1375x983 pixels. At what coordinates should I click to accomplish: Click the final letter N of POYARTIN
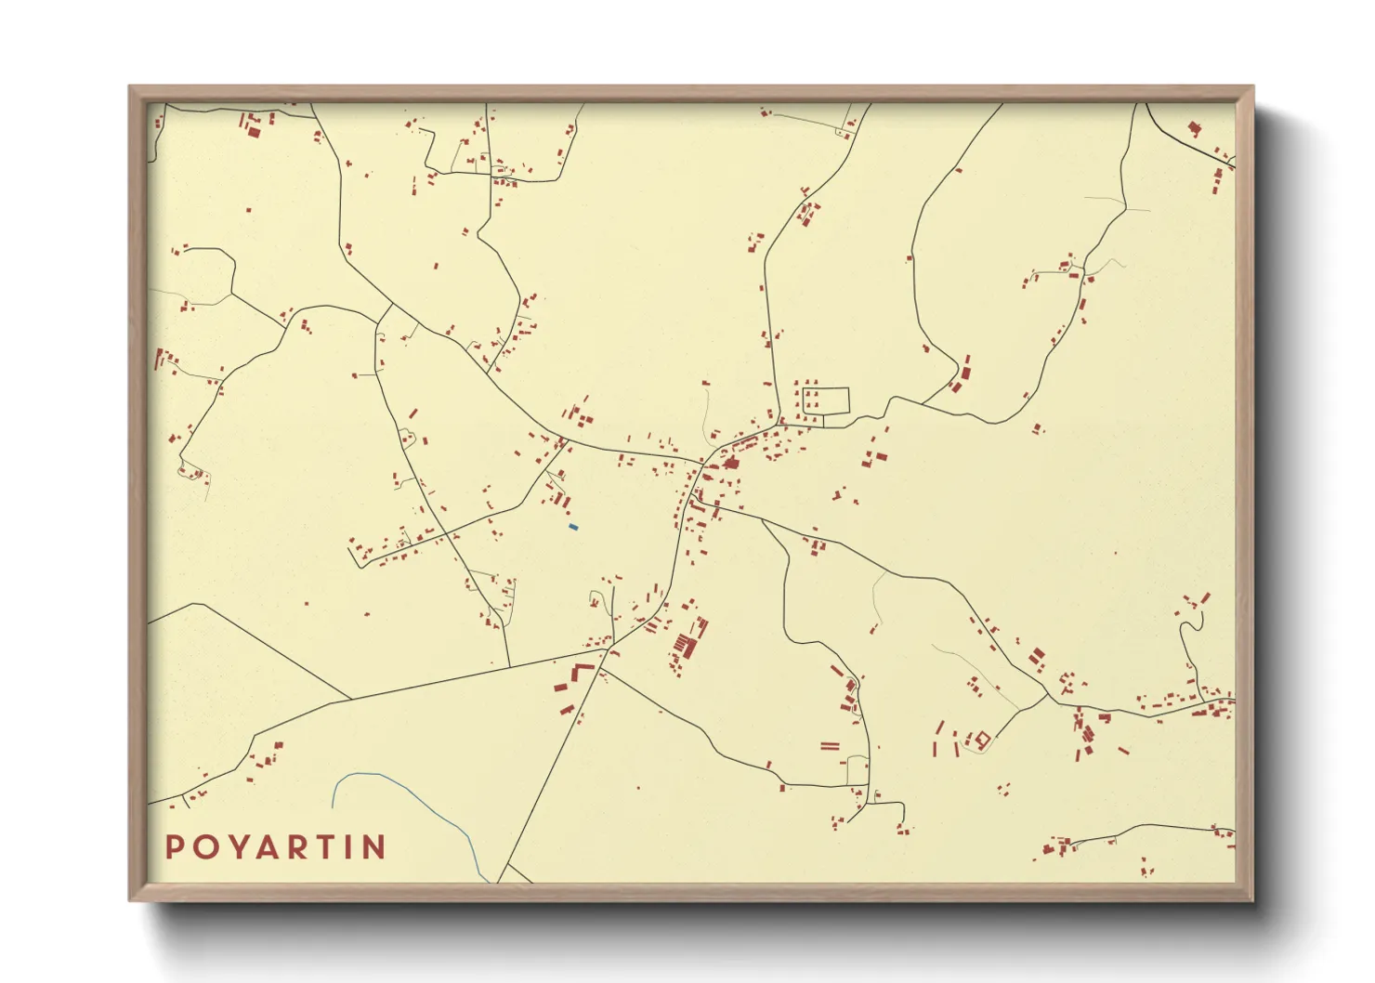[373, 847]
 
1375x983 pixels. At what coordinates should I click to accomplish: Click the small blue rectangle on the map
[573, 528]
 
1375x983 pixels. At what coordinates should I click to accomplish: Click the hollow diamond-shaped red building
[982, 740]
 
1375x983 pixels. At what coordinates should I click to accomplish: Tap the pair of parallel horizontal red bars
[830, 745]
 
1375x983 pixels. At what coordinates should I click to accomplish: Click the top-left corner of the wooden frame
[130, 87]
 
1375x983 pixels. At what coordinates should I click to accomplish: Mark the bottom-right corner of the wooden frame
[1252, 899]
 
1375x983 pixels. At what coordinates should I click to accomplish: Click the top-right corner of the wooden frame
[1252, 87]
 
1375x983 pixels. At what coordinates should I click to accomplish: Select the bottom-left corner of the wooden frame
[130, 899]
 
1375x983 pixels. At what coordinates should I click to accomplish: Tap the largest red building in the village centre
[731, 462]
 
